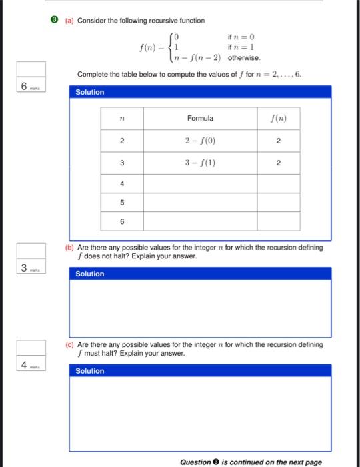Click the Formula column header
coord(201,119)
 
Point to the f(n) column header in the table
coord(278,119)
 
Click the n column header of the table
coord(121,119)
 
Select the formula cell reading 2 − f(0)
coord(201,141)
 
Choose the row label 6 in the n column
coord(121,221)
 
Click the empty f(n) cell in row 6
coord(278,221)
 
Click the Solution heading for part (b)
coord(90,274)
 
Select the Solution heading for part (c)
coord(90,371)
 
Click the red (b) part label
coord(69,247)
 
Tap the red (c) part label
coord(69,345)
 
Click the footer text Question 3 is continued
coord(251,462)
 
